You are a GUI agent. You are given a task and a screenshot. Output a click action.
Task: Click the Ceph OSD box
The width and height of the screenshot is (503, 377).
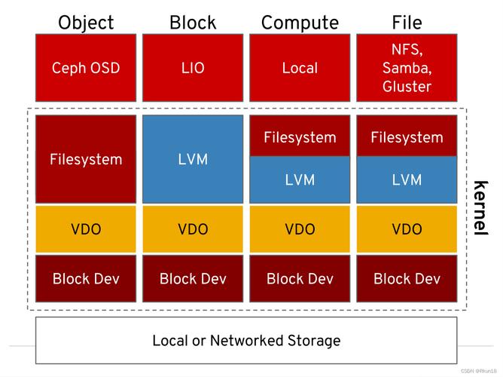coord(86,68)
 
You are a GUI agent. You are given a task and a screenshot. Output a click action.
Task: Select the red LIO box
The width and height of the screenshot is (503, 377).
coord(193,68)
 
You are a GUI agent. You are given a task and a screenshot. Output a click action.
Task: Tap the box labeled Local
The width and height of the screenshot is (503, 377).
coord(300,68)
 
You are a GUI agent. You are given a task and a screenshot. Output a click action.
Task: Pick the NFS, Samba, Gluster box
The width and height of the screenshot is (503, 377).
coord(407,68)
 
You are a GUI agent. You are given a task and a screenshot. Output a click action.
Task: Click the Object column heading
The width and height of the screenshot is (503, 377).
coord(86,23)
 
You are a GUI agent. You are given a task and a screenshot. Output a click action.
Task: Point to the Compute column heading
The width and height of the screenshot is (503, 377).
coord(300,23)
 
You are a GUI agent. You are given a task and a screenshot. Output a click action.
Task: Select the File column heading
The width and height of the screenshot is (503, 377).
coord(407,23)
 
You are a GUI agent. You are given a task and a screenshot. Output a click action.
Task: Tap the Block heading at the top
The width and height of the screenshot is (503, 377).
coord(193,23)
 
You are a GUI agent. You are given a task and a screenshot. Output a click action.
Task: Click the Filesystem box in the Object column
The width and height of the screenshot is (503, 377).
coord(86,159)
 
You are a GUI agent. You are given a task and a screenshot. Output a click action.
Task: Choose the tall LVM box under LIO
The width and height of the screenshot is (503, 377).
coord(193,159)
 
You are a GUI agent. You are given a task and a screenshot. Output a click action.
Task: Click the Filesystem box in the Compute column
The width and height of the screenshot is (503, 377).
coord(300,136)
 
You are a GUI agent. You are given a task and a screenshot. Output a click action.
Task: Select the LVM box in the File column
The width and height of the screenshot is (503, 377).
coord(407,180)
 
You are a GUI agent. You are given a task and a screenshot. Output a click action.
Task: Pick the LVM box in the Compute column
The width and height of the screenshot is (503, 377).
coord(300,180)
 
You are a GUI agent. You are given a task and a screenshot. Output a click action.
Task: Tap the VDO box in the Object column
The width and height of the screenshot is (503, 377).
coord(86,229)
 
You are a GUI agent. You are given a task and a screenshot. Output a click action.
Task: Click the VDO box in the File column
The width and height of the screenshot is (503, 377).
coord(407,229)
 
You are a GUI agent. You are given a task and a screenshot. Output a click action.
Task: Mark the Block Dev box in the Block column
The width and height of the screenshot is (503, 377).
coord(193,279)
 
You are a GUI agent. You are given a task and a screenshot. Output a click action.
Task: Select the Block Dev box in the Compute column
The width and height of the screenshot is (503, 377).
coord(300,279)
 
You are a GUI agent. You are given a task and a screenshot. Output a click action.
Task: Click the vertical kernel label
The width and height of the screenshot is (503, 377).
coord(481,208)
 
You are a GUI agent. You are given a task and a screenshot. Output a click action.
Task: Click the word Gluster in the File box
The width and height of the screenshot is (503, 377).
coord(407,87)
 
